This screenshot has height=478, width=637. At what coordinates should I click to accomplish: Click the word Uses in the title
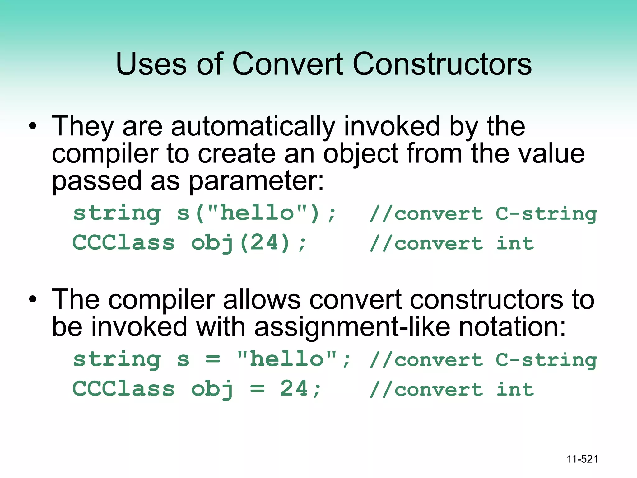(151, 64)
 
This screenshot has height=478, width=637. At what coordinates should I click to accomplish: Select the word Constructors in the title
(442, 64)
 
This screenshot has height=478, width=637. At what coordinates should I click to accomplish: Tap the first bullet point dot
(33, 126)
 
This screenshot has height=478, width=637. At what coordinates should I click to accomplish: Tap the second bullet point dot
(33, 299)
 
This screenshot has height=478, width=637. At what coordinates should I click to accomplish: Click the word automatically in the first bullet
(253, 126)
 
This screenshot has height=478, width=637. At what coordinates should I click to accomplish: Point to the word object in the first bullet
(361, 154)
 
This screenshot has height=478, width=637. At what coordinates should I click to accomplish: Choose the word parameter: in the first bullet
(256, 181)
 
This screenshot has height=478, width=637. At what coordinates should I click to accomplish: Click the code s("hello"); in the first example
(257, 214)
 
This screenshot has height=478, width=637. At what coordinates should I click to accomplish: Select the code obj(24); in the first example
(249, 243)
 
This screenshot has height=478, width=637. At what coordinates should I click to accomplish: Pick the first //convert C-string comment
(483, 214)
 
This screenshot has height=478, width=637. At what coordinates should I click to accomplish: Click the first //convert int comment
(452, 243)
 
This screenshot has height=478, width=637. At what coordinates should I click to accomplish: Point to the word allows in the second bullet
(262, 299)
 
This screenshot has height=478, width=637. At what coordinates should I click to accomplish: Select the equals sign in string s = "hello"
(213, 360)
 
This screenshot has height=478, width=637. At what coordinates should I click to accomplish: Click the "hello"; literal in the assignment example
(294, 359)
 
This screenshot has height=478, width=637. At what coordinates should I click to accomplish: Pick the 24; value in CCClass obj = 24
(300, 389)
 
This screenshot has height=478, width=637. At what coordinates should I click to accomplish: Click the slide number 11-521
(582, 459)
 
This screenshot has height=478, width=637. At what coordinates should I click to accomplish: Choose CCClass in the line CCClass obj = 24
(123, 389)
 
